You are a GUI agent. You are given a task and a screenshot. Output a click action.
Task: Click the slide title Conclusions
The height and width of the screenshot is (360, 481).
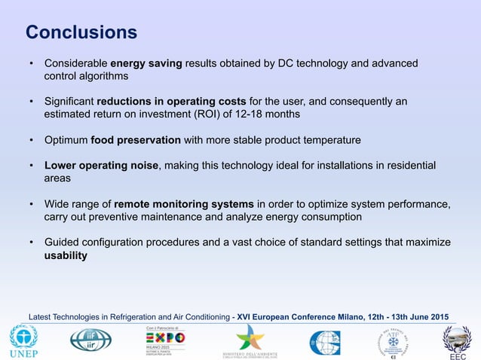coord(81,32)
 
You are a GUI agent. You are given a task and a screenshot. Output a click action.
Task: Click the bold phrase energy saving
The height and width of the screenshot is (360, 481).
coord(146,63)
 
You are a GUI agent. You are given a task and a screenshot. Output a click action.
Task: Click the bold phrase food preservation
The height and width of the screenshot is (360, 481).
coord(136,140)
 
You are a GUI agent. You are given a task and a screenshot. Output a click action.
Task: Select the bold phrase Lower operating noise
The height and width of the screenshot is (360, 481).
coord(102,166)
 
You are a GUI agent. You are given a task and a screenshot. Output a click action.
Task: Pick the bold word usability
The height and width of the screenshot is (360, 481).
coord(66,255)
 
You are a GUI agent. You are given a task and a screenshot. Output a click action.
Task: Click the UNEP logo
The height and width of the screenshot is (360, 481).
coord(23,341)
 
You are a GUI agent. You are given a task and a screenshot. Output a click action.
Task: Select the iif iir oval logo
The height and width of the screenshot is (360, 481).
coord(90,340)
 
